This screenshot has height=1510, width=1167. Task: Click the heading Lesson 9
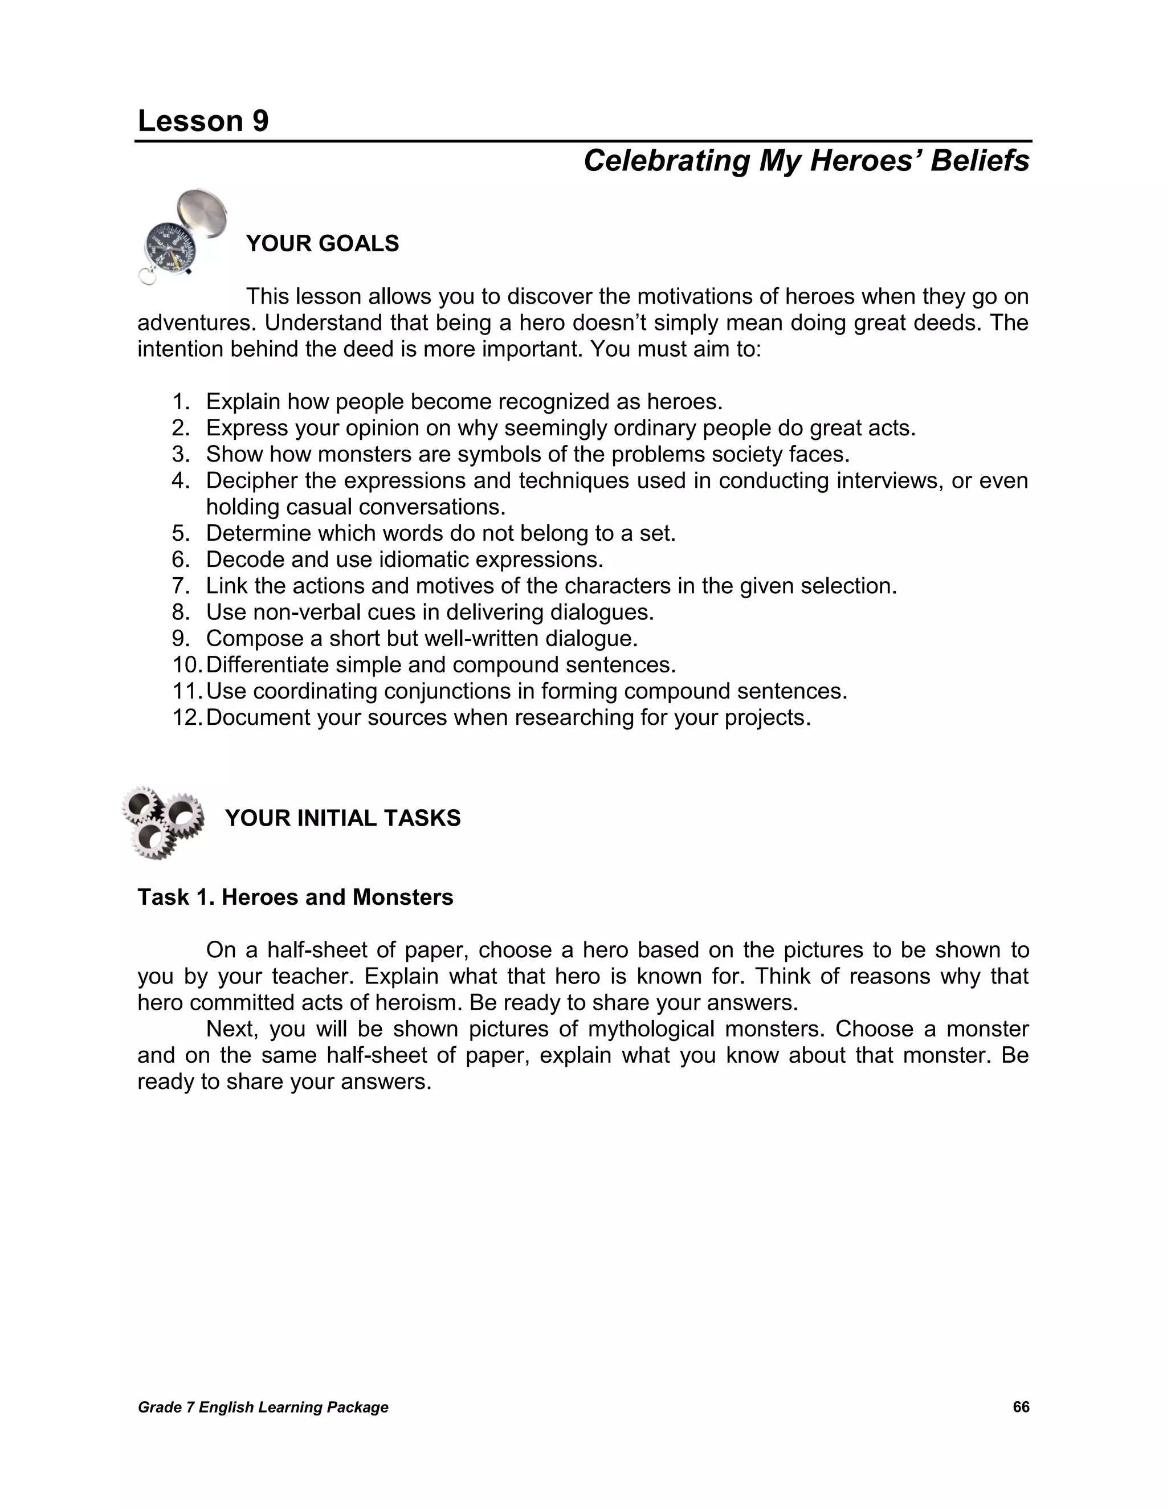click(x=203, y=122)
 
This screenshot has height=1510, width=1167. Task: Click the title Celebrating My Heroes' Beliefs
click(x=806, y=161)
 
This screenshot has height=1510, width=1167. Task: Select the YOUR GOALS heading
click(x=322, y=244)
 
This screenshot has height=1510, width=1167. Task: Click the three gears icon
click(x=163, y=822)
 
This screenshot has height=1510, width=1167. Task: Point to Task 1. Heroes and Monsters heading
click(x=295, y=897)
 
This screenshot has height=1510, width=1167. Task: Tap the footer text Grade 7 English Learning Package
click(x=263, y=1407)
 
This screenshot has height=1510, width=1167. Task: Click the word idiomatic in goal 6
click(x=422, y=560)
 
